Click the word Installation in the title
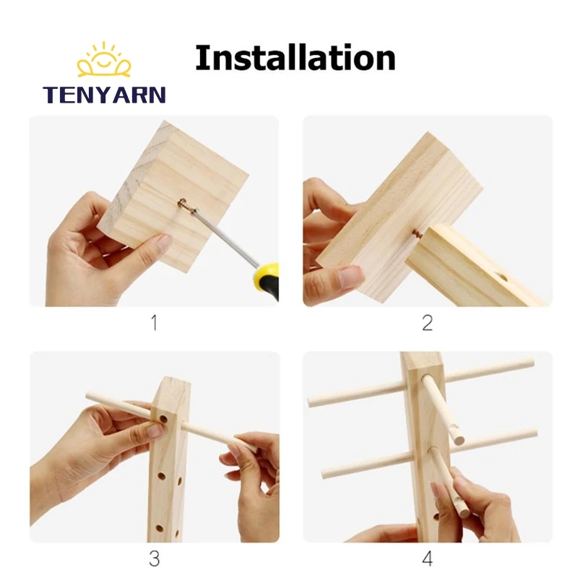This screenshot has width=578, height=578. tap(295, 58)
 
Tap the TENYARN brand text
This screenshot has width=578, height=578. tap(104, 95)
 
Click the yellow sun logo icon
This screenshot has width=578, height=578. tap(104, 61)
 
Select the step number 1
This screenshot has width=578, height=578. tap(153, 322)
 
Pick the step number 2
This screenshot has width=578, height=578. tap(427, 322)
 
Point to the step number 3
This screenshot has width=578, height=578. tap(153, 558)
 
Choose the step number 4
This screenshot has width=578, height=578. tap(427, 558)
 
